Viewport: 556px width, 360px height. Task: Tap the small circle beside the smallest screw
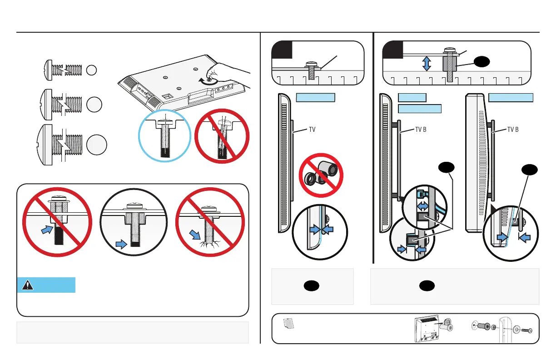(92, 70)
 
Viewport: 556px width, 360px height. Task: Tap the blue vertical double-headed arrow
(426, 63)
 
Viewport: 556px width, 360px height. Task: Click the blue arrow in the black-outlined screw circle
(121, 245)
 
